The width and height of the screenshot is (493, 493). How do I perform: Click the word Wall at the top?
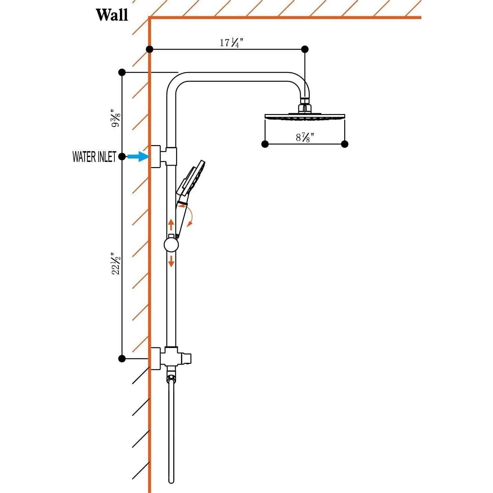112,16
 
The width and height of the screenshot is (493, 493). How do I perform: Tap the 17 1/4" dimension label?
231,42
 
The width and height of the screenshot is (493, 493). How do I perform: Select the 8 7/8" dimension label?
305,138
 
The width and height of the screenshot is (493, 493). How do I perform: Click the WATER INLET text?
94,157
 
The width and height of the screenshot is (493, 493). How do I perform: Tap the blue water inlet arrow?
138,156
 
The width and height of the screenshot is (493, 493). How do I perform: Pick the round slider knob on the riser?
171,245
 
